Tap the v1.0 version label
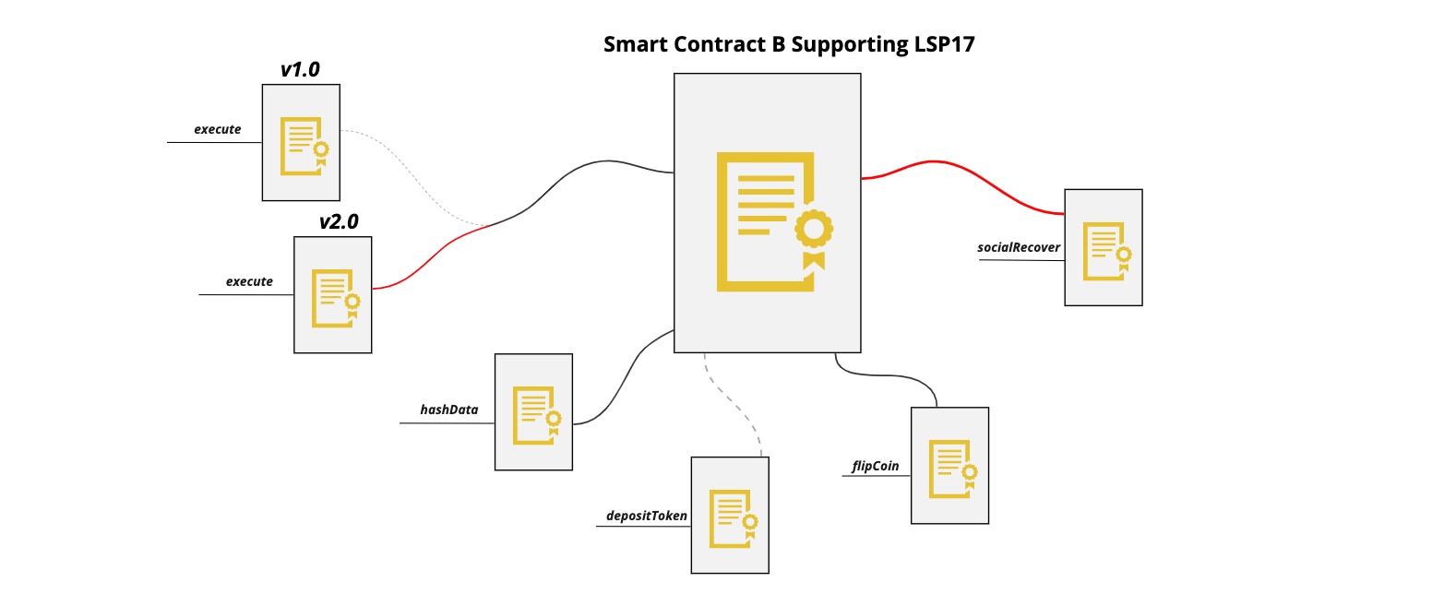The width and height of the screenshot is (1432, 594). tap(300, 70)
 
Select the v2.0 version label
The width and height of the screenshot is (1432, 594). tap(339, 221)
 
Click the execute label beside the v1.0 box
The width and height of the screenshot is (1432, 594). tap(217, 129)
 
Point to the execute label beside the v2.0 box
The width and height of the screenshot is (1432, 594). tap(249, 281)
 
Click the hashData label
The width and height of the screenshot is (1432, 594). tap(449, 410)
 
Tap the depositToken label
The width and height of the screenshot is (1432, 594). tap(647, 516)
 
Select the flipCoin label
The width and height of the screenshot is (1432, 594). tap(875, 466)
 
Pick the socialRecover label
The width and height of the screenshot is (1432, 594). tap(1019, 247)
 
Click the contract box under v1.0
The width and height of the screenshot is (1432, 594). tap(301, 142)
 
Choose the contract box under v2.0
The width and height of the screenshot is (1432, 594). tap(333, 294)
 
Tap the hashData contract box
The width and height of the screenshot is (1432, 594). tap(533, 411)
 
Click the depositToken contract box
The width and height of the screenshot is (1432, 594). tap(730, 515)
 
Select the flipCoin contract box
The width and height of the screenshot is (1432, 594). tap(949, 465)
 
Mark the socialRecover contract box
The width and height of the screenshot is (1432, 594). tap(1103, 247)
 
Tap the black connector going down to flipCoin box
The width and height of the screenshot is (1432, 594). tap(886, 374)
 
